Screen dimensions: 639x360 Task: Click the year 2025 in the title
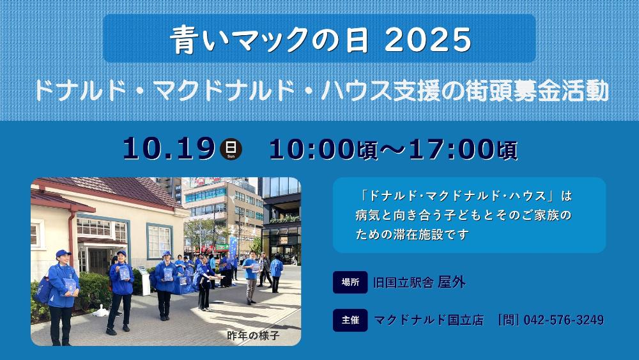[427, 40]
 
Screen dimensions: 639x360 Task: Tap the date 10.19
[169, 148]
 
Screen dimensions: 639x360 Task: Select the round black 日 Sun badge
[231, 149]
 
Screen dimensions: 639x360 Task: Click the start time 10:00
[312, 149]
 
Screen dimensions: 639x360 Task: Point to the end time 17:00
[452, 149]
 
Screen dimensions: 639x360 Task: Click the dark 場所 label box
[350, 282]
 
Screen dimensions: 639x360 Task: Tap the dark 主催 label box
[350, 320]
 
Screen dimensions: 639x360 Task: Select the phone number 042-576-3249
[564, 320]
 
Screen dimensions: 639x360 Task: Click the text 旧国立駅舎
[403, 283]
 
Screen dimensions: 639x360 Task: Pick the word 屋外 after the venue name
[452, 282]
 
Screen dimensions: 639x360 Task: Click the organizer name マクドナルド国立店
[429, 320]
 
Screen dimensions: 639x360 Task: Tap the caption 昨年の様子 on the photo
[254, 335]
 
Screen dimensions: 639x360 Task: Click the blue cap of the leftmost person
[63, 254]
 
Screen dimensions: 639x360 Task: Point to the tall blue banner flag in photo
[233, 247]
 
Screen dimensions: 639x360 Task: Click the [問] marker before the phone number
[509, 320]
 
